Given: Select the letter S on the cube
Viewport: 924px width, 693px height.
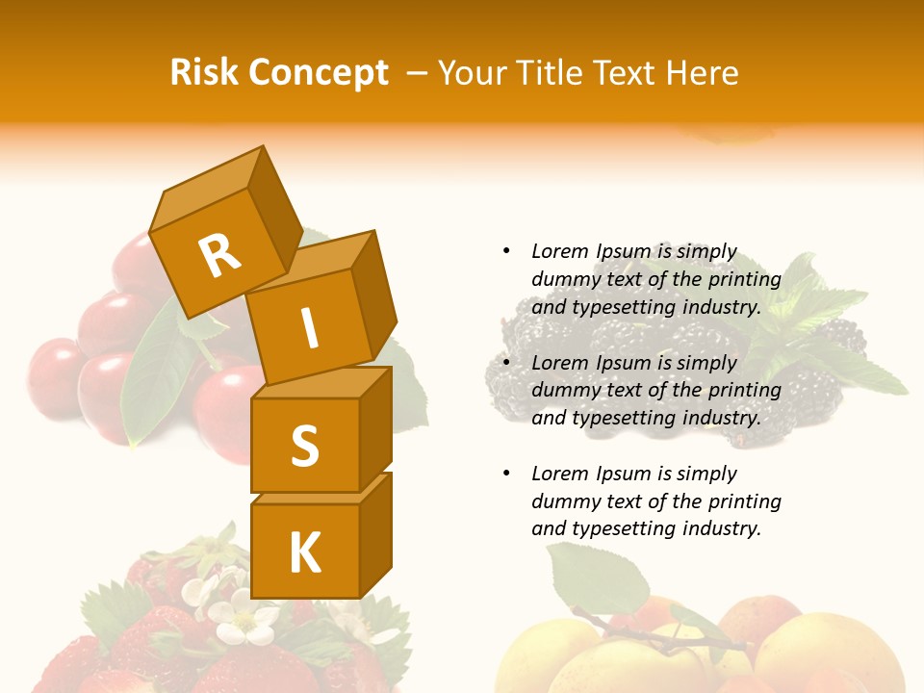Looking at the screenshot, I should (x=304, y=445).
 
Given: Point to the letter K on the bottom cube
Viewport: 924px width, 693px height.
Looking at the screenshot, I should (x=304, y=552).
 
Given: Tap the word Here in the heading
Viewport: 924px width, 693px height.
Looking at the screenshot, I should (x=702, y=72).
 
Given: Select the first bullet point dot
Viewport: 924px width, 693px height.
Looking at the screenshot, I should (x=506, y=251).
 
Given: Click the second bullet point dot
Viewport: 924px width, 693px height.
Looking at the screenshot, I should (x=506, y=363).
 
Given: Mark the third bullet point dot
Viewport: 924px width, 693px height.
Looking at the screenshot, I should (x=506, y=474).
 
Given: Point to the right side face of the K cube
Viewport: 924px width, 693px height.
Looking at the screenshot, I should (x=376, y=534).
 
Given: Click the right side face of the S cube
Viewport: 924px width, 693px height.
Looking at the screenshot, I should (x=376, y=428).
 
